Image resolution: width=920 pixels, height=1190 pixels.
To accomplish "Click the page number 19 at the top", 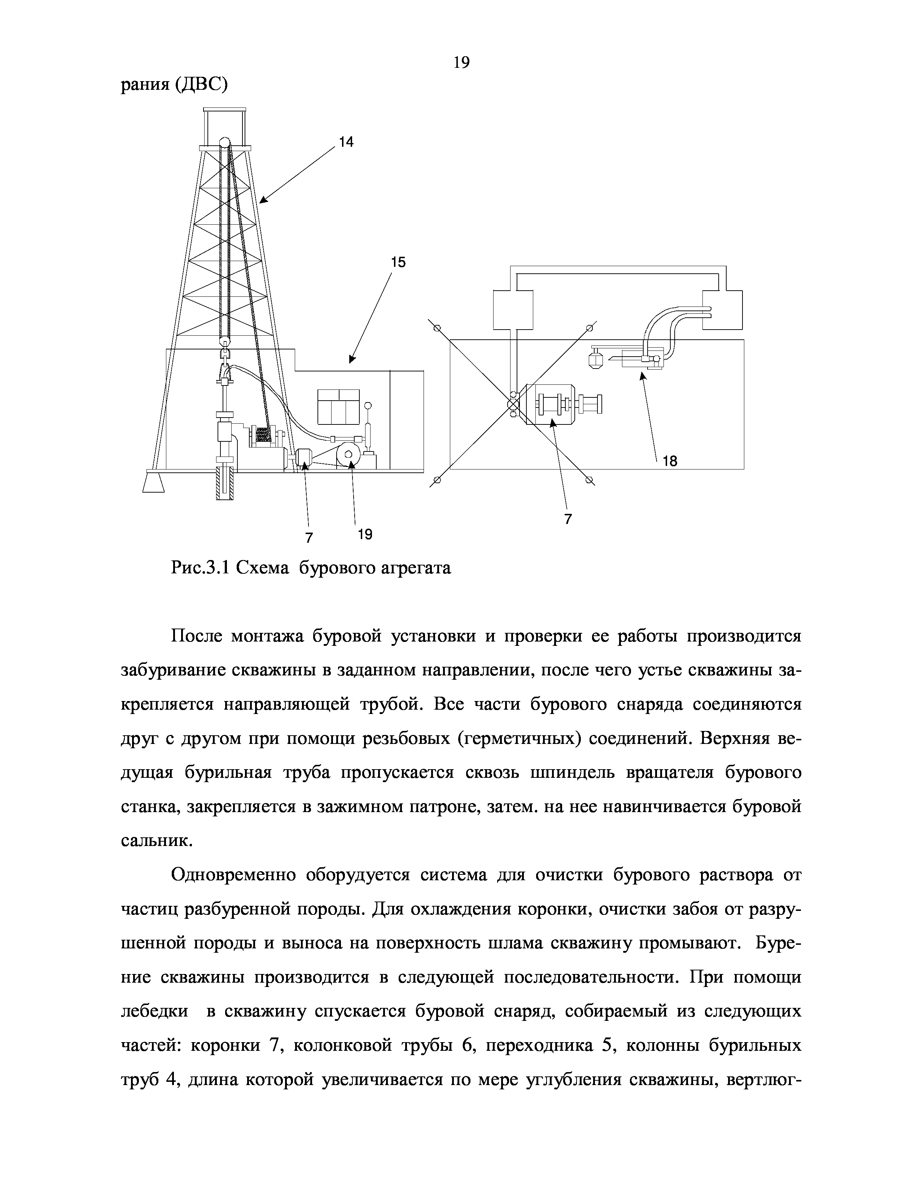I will click(x=461, y=63).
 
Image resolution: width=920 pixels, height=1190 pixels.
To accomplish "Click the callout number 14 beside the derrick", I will click(x=346, y=142).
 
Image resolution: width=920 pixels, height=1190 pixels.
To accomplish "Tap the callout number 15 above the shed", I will click(x=398, y=263).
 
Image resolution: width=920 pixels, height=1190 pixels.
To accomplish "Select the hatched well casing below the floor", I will click(x=224, y=482).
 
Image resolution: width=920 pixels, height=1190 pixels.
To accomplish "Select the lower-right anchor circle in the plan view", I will click(x=589, y=480).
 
